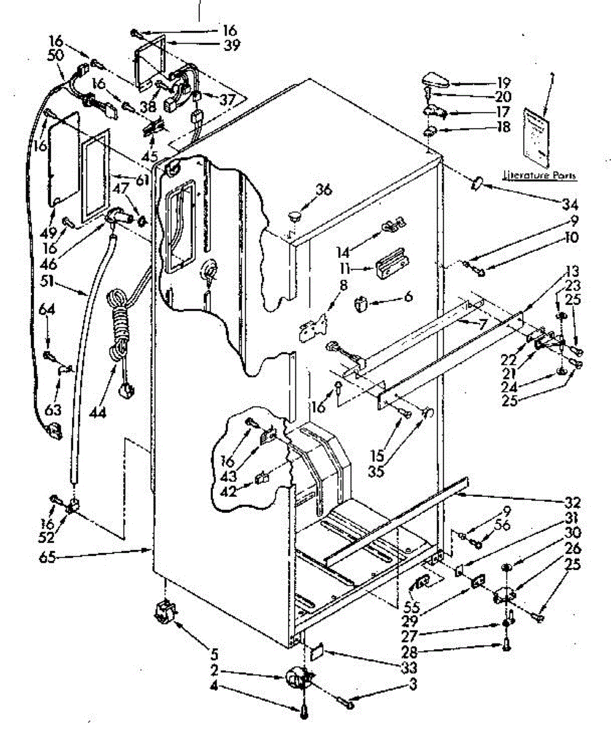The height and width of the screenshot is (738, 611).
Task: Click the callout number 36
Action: click(323, 191)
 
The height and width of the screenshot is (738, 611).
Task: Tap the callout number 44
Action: click(98, 412)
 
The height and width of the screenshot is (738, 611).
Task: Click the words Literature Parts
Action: click(540, 175)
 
